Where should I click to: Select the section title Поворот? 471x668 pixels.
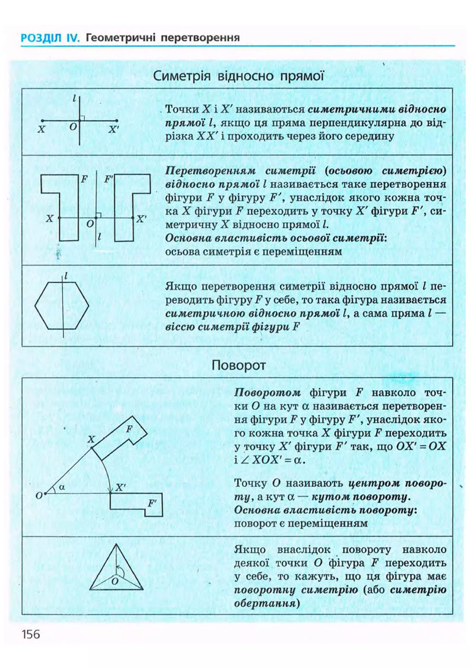tap(238, 365)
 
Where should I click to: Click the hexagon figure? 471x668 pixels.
tap(62, 305)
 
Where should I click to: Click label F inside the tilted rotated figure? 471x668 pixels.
tap(129, 429)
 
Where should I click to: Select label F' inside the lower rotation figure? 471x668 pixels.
tap(152, 503)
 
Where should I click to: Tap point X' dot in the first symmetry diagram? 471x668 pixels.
tap(117, 120)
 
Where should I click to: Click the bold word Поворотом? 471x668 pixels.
tap(267, 393)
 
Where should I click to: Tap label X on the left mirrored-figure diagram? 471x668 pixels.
tap(50, 219)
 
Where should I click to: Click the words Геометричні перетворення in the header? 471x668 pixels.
tap(163, 38)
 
